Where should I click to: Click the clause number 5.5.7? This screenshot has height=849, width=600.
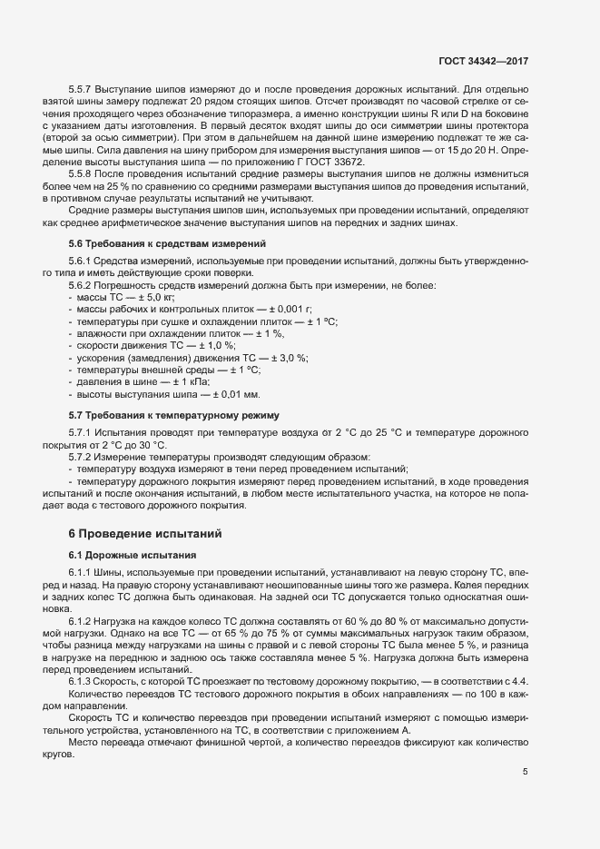[x=83, y=91]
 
